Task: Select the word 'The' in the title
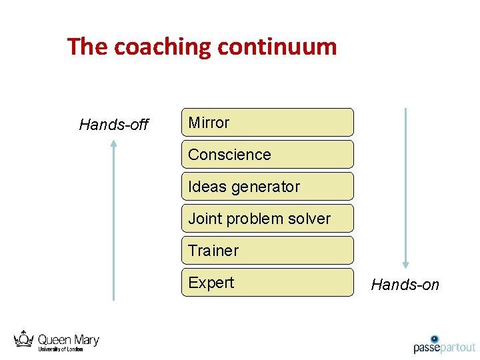coord(88,47)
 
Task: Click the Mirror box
coord(267,123)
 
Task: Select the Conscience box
coord(267,155)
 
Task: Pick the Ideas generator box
coord(267,187)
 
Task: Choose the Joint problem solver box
coord(267,219)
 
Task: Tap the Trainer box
coord(267,251)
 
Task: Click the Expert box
coord(267,283)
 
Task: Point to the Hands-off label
coord(113,125)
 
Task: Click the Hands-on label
coord(405,285)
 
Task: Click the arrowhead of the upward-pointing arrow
coord(114,143)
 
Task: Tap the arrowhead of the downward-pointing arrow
coord(405,265)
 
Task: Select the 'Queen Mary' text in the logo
coord(68,340)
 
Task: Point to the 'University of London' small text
coord(60,349)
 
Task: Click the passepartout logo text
coord(444,347)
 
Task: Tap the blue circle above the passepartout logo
coord(435,339)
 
